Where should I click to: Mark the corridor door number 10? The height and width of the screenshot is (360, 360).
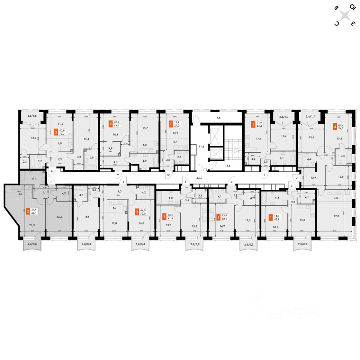coord(168,175)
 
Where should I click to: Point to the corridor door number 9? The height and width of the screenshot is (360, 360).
coord(117,175)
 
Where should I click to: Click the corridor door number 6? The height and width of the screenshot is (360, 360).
coord(122,182)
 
